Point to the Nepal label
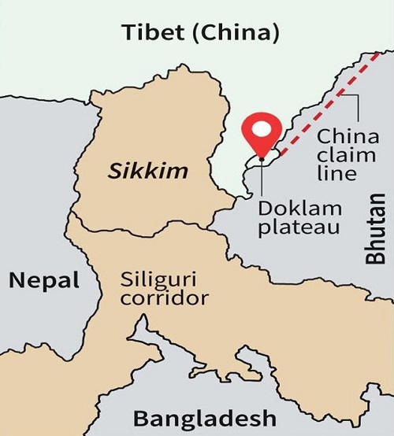tap(44, 279)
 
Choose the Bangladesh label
tap(204, 416)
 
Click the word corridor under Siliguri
tap(165, 299)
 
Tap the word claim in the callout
tap(337, 156)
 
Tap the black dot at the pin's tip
tap(261, 157)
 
